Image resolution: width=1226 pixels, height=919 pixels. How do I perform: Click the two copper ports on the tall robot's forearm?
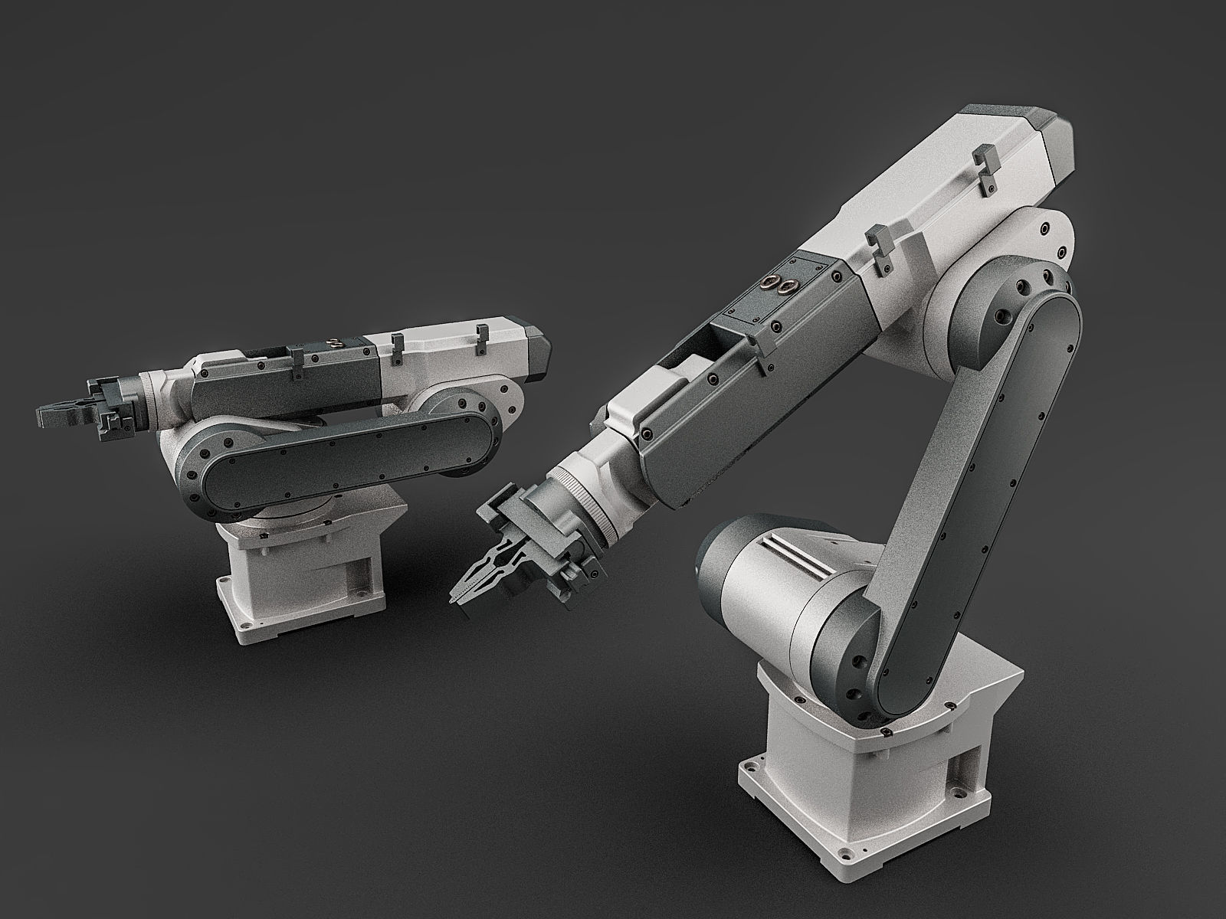pyautogui.click(x=778, y=286)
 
